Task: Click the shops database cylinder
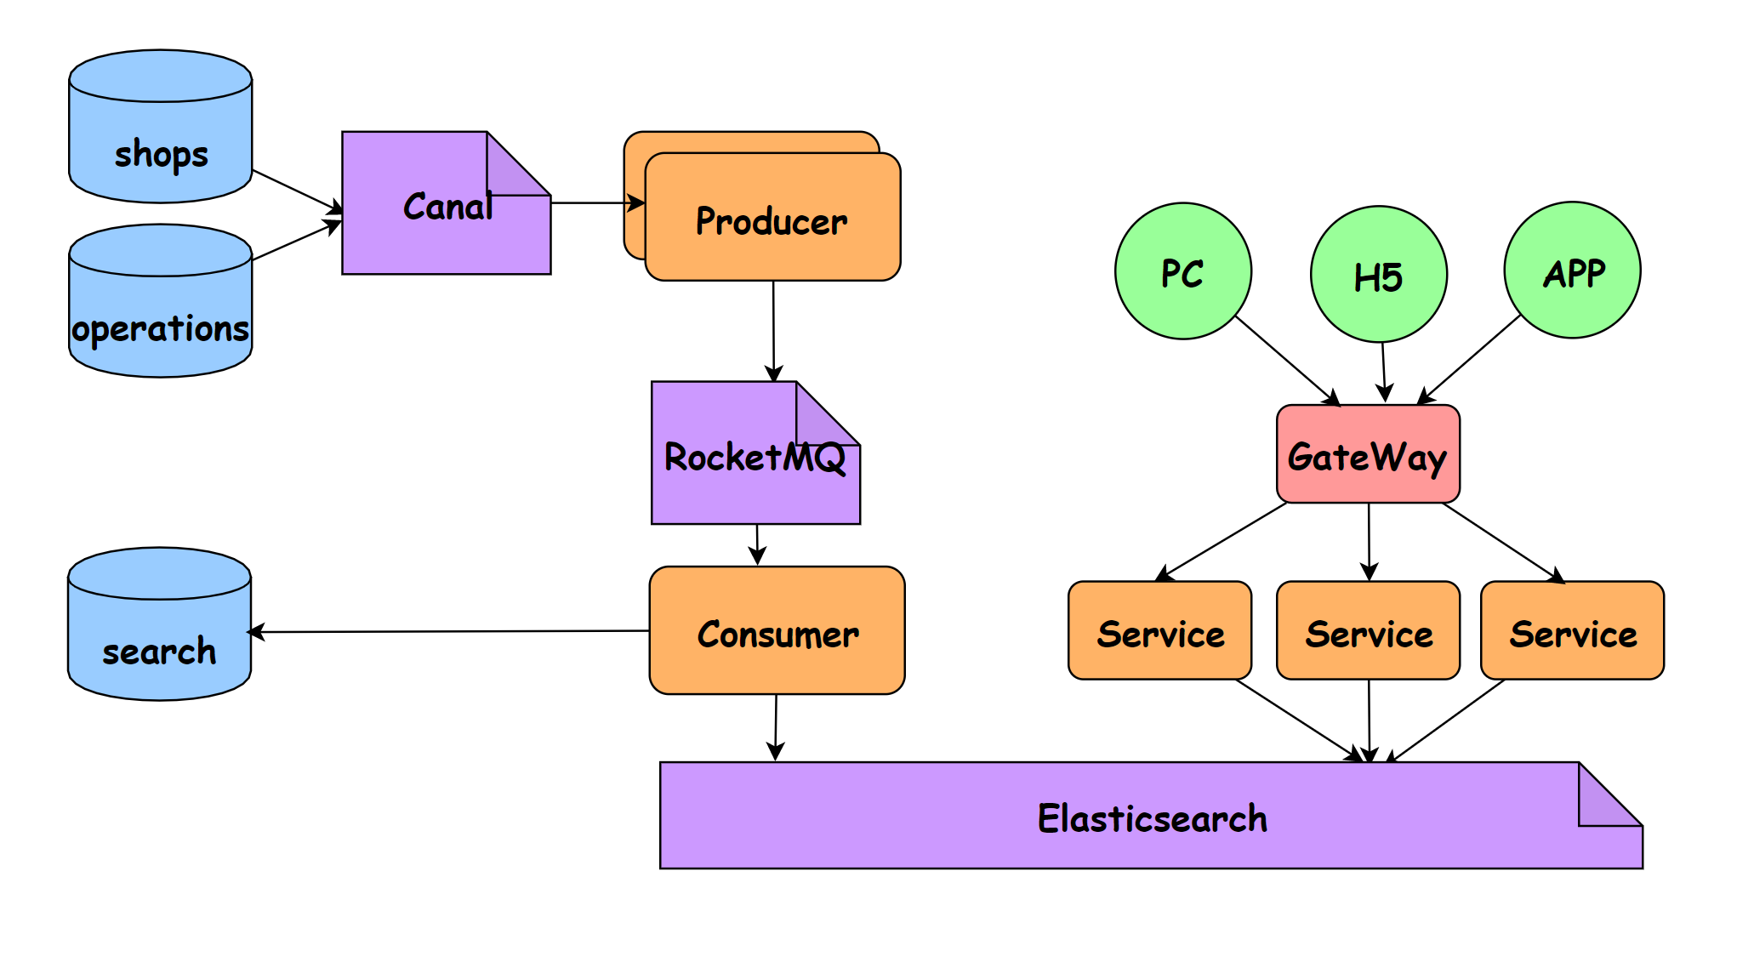tap(160, 128)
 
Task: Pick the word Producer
tap(772, 222)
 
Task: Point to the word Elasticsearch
tap(1152, 819)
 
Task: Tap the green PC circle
tap(1182, 271)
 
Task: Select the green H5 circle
tap(1378, 275)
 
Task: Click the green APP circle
tap(1572, 270)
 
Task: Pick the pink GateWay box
tap(1368, 455)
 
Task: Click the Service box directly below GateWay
tap(1368, 631)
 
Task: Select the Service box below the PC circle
tap(1159, 631)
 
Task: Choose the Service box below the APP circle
tap(1572, 631)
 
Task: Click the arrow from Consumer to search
tap(451, 632)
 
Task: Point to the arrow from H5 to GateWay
tap(1384, 372)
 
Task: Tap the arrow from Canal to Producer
tap(595, 203)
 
